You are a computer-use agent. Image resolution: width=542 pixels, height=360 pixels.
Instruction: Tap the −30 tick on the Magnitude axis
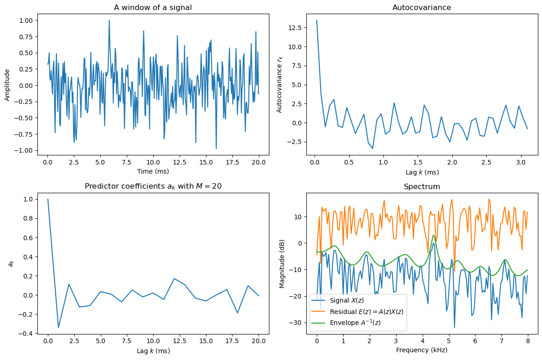[297, 323]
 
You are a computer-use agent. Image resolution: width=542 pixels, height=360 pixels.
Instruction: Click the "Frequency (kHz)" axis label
[422, 350]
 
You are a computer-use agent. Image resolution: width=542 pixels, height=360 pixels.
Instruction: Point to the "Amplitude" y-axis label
[7, 85]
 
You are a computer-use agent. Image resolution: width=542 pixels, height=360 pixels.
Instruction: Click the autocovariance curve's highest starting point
[316, 20]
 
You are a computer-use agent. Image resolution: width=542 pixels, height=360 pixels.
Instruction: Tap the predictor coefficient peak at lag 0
[48, 199]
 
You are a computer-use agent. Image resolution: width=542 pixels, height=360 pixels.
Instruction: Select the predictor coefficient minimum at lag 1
[58, 328]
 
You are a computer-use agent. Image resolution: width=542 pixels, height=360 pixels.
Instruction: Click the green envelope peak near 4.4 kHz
[434, 235]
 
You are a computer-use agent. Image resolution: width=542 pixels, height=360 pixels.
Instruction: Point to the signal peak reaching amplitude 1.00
[109, 20]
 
